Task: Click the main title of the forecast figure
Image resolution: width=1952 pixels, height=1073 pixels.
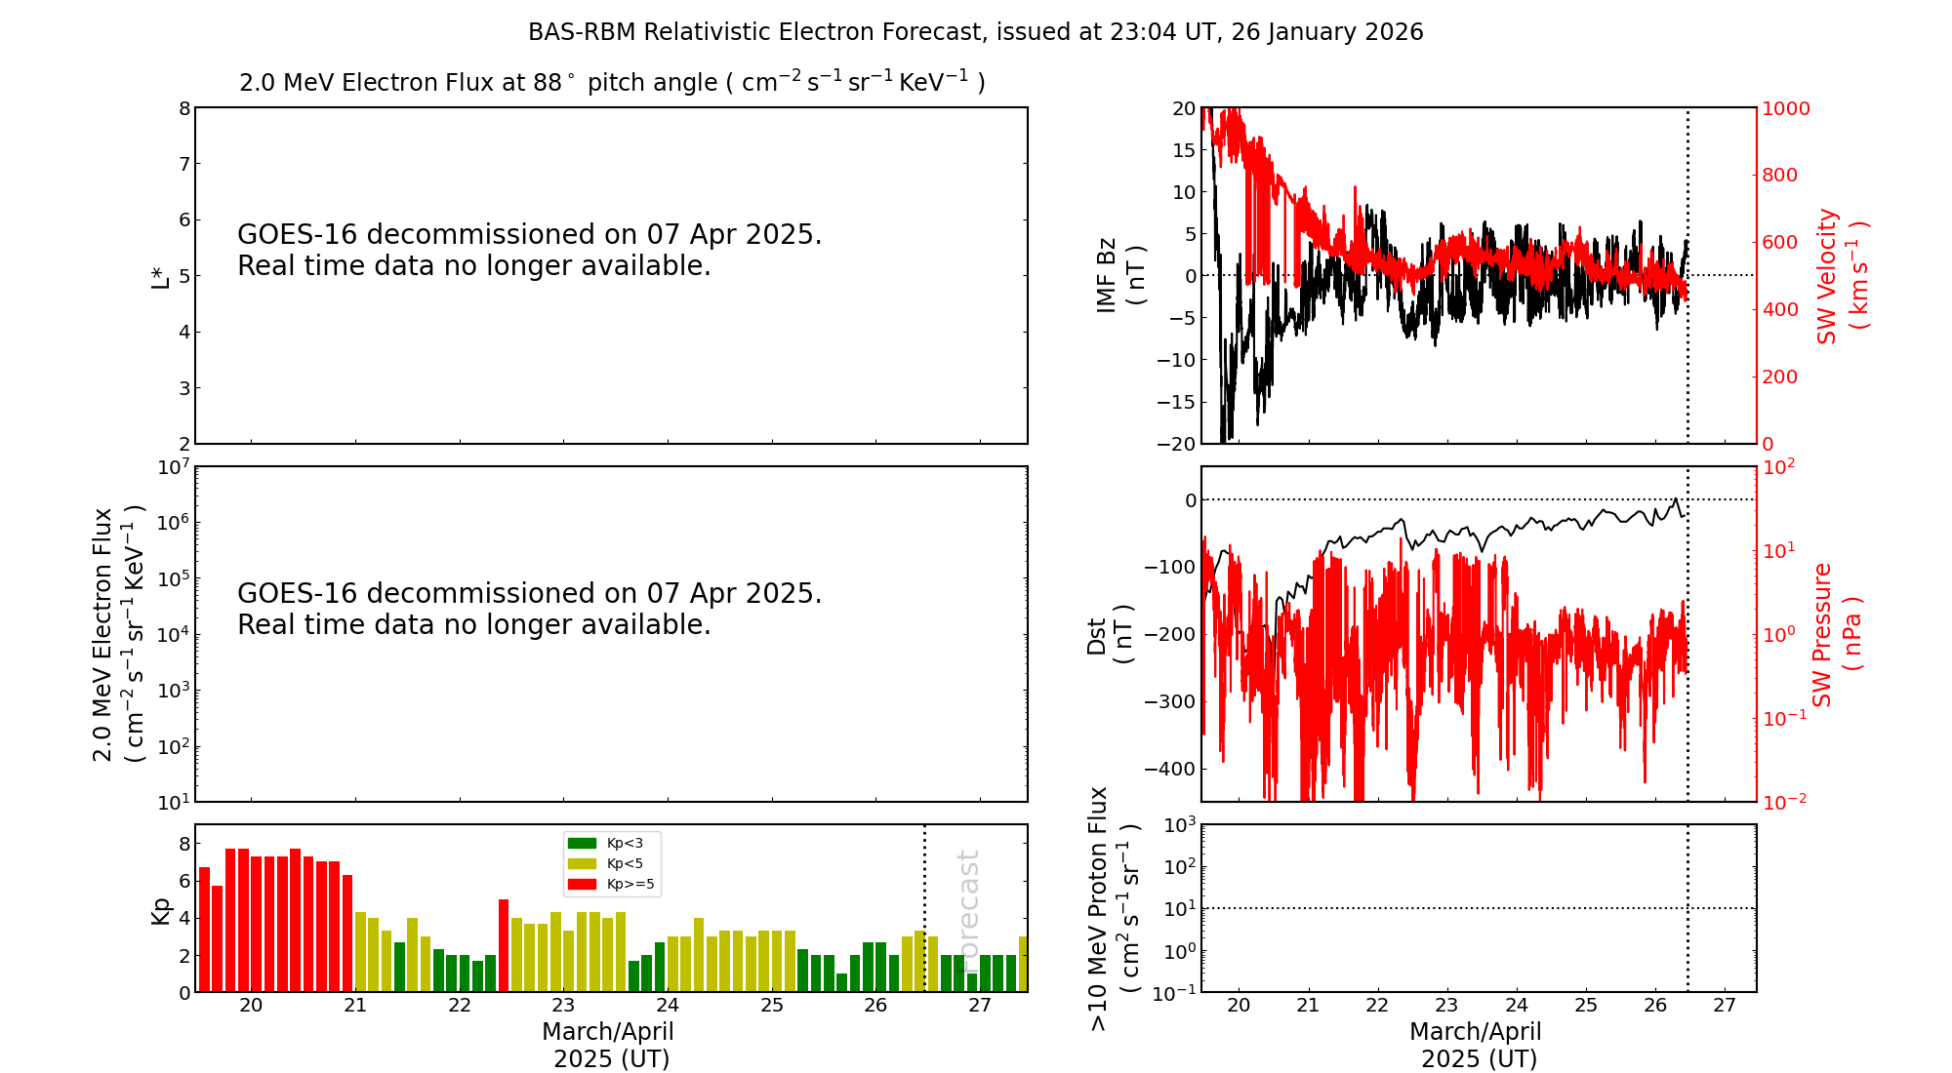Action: point(975,32)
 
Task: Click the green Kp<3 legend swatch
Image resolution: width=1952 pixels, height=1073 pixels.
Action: point(582,843)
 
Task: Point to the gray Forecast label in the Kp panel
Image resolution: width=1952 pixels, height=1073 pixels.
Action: point(968,907)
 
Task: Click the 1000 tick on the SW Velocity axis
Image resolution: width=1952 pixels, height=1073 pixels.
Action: point(1785,108)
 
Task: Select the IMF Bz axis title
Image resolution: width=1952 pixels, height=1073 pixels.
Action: point(1120,275)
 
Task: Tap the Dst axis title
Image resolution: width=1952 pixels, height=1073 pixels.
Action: point(1110,635)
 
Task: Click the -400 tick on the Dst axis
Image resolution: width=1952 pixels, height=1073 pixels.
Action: point(1169,769)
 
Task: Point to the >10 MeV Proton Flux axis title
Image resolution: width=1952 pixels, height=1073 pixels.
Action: point(1114,908)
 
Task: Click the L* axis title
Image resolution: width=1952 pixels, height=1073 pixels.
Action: point(161,275)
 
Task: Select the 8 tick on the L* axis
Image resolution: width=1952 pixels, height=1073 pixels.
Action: point(184,108)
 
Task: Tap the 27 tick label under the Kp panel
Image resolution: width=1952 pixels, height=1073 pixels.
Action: point(979,1006)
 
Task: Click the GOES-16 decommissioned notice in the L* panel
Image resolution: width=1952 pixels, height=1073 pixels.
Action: point(529,250)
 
